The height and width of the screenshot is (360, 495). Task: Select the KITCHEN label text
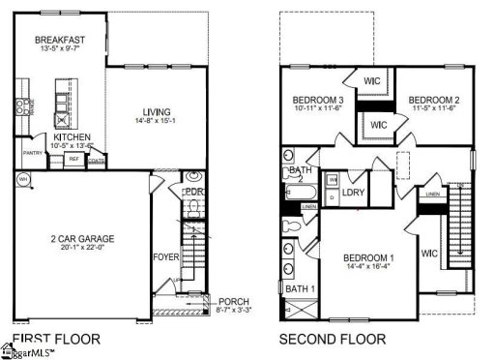(73, 137)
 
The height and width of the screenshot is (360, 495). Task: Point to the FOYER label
(166, 257)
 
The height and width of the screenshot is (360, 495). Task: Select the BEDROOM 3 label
(318, 100)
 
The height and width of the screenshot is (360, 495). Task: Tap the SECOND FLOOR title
(332, 339)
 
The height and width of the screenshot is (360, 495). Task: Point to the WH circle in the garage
(22, 178)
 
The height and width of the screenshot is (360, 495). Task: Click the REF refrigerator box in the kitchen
(73, 161)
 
